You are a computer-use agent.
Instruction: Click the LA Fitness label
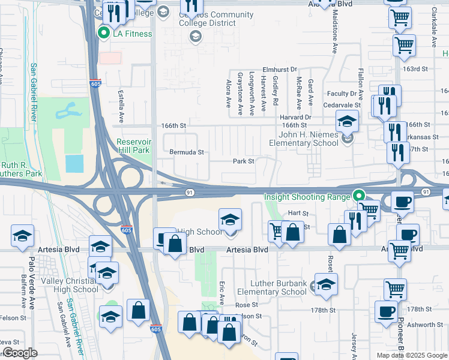pos(133,34)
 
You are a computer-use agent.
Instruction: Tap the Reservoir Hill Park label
pos(133,146)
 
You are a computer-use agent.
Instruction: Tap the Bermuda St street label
pos(188,152)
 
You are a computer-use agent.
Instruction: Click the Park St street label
pos(244,161)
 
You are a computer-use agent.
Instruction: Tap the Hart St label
pos(298,213)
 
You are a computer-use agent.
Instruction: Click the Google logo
pos(20,353)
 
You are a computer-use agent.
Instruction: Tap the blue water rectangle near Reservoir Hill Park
pos(74,163)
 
